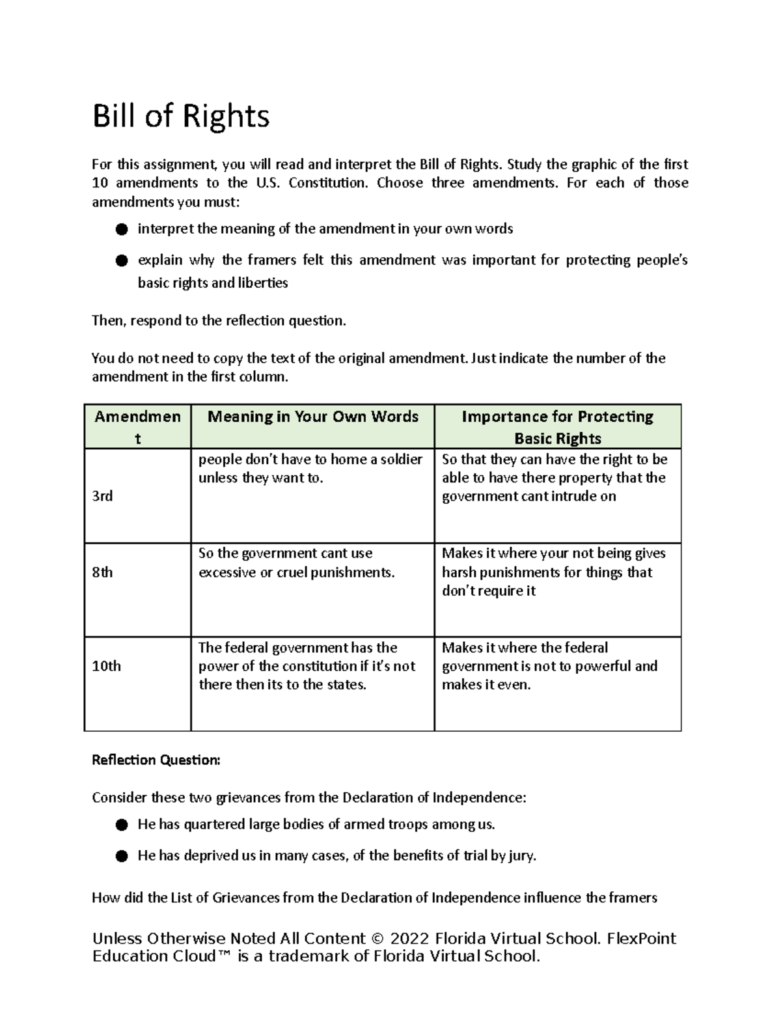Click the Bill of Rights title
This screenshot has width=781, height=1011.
[x=180, y=117]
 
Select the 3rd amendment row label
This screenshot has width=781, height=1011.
[x=102, y=496]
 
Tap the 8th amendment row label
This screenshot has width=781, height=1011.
[x=102, y=572]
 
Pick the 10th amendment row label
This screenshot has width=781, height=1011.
[x=106, y=666]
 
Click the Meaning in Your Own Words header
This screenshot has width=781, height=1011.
[x=312, y=417]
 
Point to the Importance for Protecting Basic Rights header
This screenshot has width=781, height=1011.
[x=557, y=427]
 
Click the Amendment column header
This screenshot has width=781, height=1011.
[x=137, y=427]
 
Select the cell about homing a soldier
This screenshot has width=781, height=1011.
[x=310, y=468]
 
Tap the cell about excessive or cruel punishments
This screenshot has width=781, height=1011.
[x=296, y=563]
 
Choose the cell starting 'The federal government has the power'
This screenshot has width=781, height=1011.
[x=307, y=666]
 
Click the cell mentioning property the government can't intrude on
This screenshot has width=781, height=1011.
[x=554, y=478]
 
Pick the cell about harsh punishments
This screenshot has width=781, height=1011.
[x=553, y=572]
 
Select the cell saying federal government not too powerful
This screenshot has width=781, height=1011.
[x=549, y=666]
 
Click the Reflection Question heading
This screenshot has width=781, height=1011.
[x=156, y=760]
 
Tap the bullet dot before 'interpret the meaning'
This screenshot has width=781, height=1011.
[x=121, y=229]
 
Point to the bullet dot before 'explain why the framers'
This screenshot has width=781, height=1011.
[x=121, y=260]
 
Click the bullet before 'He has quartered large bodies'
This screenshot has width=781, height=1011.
[x=121, y=825]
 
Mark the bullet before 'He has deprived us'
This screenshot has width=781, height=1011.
[x=121, y=856]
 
